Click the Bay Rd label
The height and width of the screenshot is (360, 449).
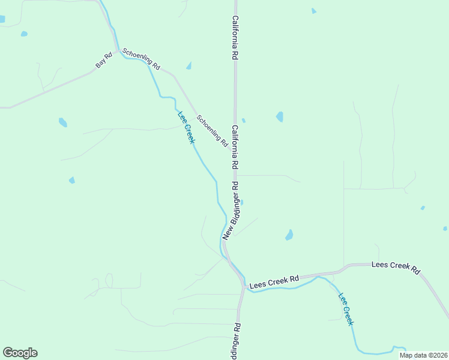pyautogui.click(x=104, y=61)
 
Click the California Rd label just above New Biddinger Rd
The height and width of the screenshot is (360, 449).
pyautogui.click(x=235, y=147)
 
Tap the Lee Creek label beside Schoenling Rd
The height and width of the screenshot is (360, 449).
pyautogui.click(x=186, y=127)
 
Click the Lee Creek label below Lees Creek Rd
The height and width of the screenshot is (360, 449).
pyautogui.click(x=346, y=308)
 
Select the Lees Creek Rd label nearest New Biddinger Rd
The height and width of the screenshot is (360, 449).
pyautogui.click(x=274, y=279)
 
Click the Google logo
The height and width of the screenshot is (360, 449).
pyautogui.click(x=20, y=353)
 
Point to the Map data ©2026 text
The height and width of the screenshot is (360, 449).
pyautogui.click(x=423, y=355)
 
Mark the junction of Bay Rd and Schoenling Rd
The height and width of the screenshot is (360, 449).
pyautogui.click(x=116, y=52)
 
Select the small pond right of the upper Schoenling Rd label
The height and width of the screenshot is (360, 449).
pyautogui.click(x=189, y=65)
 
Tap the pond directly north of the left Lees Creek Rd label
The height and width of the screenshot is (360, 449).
pyautogui.click(x=289, y=235)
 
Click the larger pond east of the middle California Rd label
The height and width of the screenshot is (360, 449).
pyautogui.click(x=280, y=116)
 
